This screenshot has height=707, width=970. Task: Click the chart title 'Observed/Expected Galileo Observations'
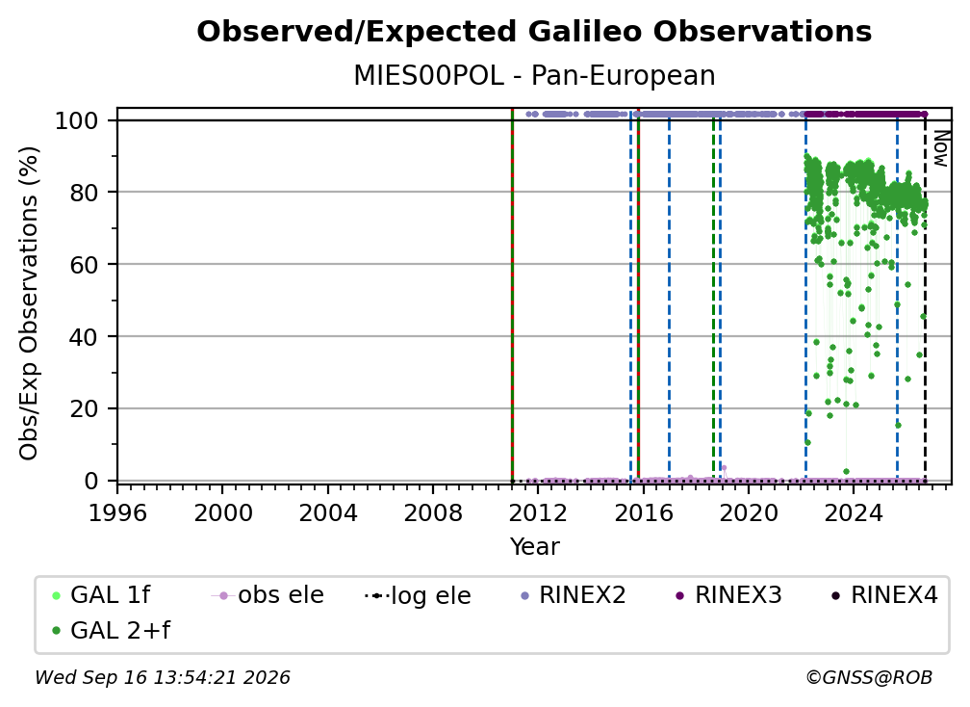534,32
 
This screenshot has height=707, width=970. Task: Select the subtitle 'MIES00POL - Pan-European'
534,76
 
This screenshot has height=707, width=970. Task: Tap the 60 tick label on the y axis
84,264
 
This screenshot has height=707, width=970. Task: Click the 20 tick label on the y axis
84,408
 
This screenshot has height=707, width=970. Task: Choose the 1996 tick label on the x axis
117,513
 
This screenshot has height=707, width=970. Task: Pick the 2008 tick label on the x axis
433,513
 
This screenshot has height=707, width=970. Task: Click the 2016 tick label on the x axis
644,513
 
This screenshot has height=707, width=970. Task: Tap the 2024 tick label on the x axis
853,513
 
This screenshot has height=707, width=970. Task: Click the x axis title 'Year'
534,547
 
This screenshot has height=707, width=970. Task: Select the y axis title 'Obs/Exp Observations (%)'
29,302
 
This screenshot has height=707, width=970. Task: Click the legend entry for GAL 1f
100,595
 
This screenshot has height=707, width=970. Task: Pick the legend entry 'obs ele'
268,595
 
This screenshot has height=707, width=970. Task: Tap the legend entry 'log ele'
418,595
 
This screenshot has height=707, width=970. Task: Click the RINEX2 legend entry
573,595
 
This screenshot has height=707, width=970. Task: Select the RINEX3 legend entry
728,595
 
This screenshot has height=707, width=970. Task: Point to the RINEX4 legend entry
884,595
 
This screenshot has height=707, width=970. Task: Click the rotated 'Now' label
940,148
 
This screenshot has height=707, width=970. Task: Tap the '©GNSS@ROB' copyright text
869,678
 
